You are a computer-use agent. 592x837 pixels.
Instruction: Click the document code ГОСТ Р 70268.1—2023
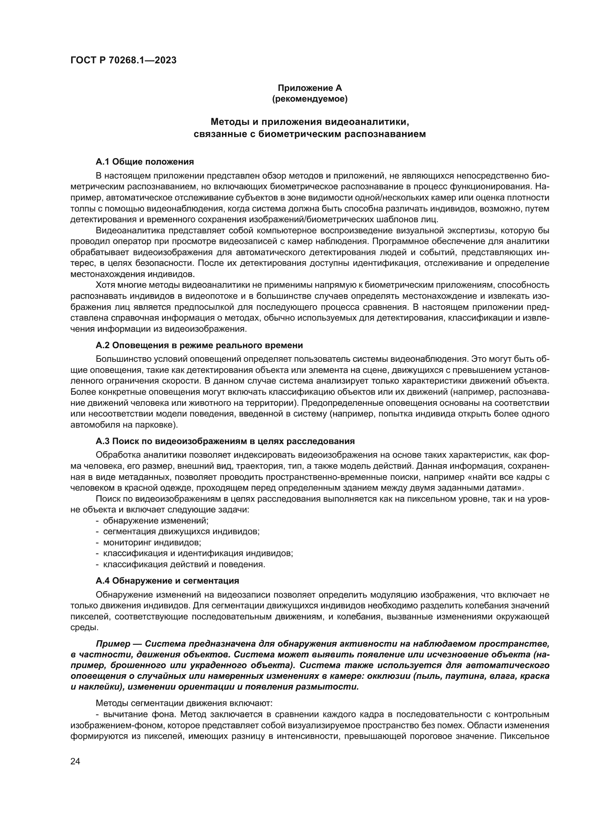(123, 60)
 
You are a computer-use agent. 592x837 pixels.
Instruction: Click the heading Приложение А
(310, 88)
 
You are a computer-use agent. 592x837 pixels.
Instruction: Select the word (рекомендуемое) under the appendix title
(310, 99)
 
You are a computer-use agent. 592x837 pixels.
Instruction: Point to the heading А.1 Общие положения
(145, 161)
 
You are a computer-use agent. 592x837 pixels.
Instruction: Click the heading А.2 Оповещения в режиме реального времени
(199, 345)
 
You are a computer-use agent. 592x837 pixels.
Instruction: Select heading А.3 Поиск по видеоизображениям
(225, 441)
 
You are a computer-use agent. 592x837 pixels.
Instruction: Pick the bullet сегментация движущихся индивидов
(181, 531)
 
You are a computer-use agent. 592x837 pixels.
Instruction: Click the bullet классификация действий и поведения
(184, 564)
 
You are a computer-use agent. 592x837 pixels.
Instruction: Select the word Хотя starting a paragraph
(105, 285)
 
